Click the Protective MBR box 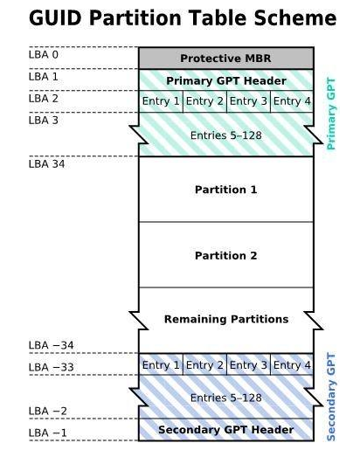click(226, 59)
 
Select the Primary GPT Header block click(226, 80)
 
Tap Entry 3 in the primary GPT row click(248, 101)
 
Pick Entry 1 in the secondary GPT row click(161, 364)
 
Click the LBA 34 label click(46, 164)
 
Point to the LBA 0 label click(44, 54)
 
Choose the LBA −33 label click(52, 367)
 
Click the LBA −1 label click(48, 433)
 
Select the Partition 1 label click(226, 190)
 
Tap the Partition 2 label click(226, 255)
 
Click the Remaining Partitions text click(226, 319)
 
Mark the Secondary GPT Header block click(226, 430)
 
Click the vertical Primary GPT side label click(331, 114)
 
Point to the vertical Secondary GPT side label click(331, 397)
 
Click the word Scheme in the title click(295, 18)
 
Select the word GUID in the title click(55, 18)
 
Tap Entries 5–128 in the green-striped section click(226, 135)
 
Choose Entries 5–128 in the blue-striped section click(226, 398)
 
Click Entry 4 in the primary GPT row click(292, 101)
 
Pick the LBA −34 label click(52, 345)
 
